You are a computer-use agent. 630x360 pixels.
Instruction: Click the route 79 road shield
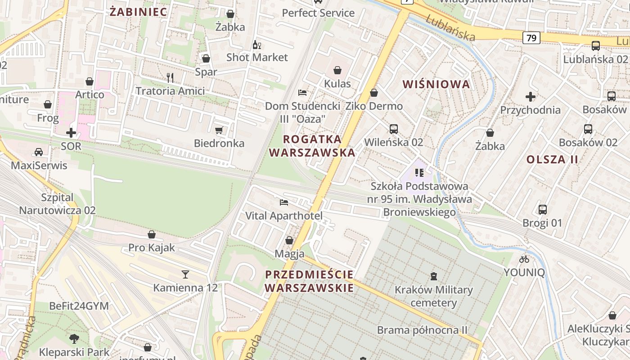531,38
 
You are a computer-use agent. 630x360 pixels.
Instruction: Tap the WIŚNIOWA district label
436,84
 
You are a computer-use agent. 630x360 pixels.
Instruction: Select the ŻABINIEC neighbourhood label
139,12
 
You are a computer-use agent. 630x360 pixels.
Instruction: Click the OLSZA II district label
552,159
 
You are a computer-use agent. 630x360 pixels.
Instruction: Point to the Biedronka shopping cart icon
219,130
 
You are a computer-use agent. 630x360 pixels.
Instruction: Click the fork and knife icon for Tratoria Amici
170,78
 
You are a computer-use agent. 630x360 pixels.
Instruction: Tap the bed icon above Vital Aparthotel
283,202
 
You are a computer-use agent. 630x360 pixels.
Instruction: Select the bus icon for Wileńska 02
394,129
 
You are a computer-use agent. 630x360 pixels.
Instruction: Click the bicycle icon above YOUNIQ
524,259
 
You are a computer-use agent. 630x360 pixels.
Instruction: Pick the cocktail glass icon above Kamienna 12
185,274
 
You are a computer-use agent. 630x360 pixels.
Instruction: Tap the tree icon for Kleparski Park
74,338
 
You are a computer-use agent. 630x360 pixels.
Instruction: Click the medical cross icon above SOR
71,133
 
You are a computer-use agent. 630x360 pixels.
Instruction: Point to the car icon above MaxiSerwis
39,152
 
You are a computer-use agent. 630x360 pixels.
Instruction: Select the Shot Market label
257,57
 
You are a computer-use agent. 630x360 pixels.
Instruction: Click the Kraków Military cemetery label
434,296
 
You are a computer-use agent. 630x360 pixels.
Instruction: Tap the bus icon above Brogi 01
543,209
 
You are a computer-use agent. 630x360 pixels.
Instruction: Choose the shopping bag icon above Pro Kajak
152,234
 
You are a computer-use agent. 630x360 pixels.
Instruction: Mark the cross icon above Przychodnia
531,96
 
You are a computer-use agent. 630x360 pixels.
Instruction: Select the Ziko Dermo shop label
374,106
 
